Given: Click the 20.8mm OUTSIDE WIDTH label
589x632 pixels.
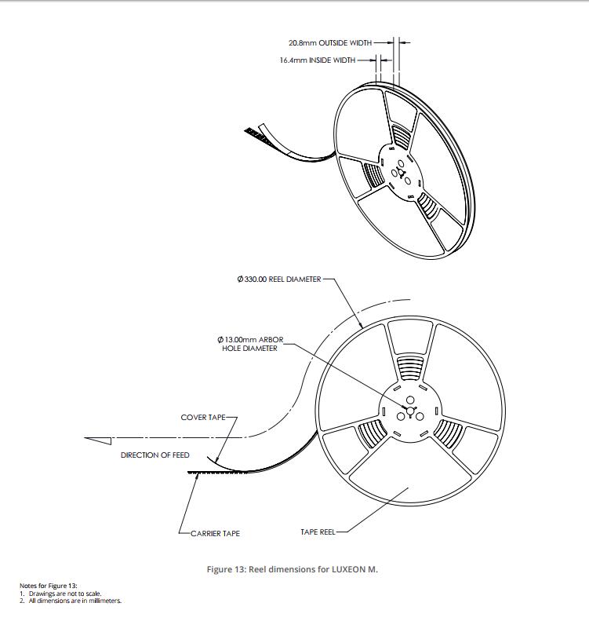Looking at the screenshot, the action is [x=330, y=42].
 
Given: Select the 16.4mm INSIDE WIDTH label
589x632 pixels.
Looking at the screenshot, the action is [x=318, y=60].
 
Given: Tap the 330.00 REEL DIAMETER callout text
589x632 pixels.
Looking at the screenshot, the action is [x=279, y=279].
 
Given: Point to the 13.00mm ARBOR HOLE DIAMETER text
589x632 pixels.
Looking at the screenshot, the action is [x=250, y=344].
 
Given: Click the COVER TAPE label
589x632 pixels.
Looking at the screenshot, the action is [x=203, y=417].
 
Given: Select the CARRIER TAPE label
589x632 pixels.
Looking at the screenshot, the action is [x=215, y=533].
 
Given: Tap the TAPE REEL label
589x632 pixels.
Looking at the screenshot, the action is [x=318, y=532].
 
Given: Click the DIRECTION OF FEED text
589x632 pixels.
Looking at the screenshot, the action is [x=155, y=455].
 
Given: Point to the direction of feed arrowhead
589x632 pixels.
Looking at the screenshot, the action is [x=97, y=440].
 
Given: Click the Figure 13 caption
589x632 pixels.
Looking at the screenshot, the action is [x=293, y=569].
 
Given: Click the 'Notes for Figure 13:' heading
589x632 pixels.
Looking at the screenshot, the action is [x=49, y=586].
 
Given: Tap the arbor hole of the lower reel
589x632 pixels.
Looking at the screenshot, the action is [x=410, y=411].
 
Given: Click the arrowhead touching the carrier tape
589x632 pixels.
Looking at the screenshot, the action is [x=197, y=477].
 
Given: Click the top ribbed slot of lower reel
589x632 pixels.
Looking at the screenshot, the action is [x=410, y=367].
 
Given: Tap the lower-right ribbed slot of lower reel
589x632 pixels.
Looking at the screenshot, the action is [x=449, y=433].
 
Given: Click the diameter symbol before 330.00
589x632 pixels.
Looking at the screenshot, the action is [x=240, y=279].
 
